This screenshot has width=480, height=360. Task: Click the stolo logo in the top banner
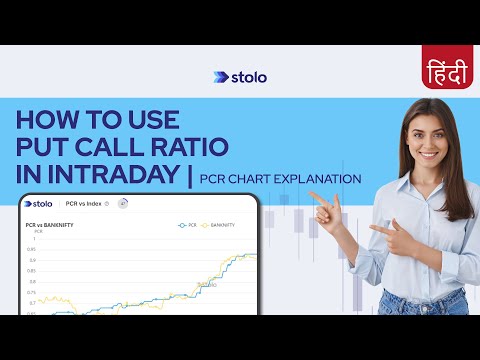click(x=240, y=77)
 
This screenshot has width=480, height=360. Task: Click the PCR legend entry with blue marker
click(x=187, y=225)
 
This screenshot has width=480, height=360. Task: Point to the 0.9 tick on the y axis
click(x=34, y=260)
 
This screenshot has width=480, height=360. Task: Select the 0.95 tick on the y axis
click(x=33, y=249)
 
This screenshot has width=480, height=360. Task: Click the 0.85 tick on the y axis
click(x=33, y=271)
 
